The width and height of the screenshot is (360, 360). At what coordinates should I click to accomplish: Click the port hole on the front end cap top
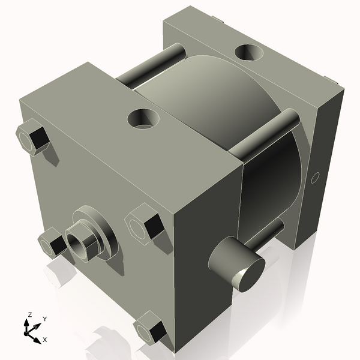coord(143,119)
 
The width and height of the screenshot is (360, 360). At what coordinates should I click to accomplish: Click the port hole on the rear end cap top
coord(248,52)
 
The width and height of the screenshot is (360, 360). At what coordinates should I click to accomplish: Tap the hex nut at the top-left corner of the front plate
coord(32,137)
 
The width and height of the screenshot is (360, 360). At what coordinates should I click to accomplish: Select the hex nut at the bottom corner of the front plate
coord(151,327)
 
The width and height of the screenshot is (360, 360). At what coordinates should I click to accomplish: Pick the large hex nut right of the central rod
coord(145,224)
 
